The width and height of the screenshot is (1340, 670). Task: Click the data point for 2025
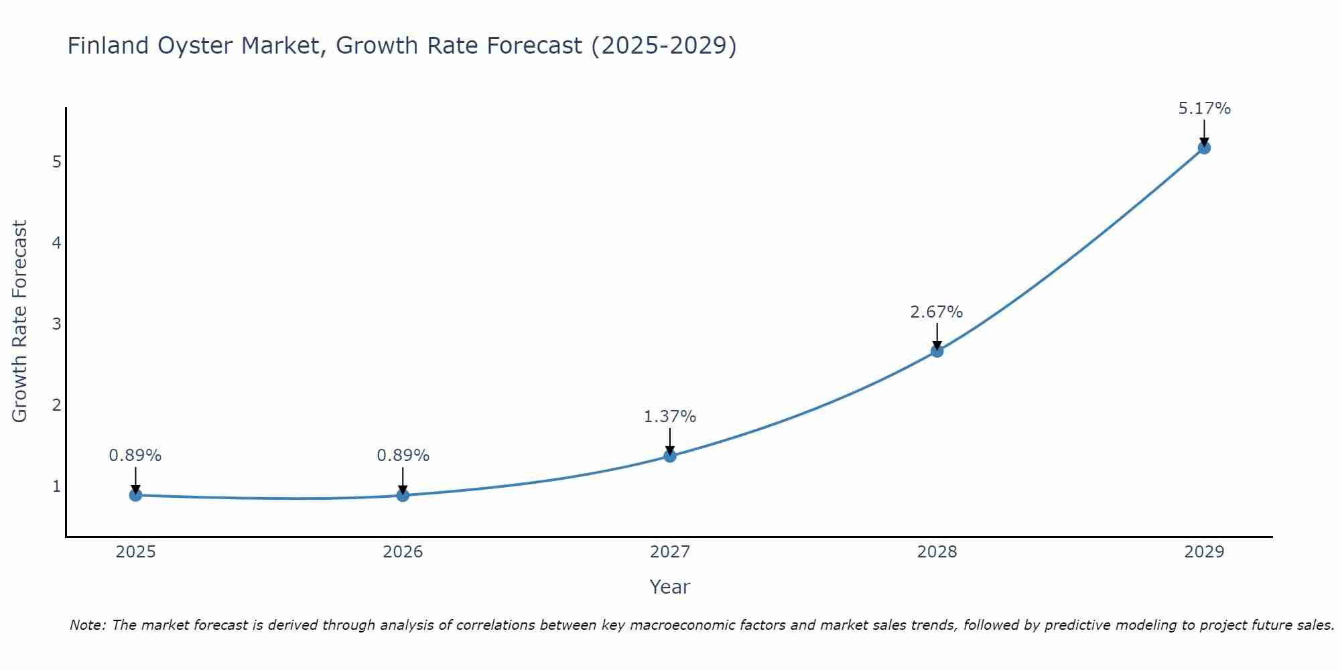point(135,495)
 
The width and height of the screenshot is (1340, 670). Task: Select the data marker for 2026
point(403,495)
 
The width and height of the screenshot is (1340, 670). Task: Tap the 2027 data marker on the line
point(670,456)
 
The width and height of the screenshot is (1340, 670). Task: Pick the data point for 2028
point(937,351)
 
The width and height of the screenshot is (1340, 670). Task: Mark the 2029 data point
point(1204,148)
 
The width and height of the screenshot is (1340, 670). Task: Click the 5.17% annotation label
point(1204,109)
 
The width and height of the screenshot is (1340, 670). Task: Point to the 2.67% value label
point(936,312)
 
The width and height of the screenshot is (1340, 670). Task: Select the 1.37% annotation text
point(669,417)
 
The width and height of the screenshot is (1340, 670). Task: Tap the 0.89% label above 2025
point(135,456)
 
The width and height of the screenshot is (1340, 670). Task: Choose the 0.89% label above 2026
point(403,456)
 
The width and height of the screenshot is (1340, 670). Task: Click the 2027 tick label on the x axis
point(670,552)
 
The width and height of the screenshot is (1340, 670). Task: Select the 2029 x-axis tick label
point(1204,552)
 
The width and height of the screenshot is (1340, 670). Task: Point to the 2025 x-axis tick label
point(135,552)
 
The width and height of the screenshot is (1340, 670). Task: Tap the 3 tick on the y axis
point(56,324)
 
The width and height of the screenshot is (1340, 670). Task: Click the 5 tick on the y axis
point(56,162)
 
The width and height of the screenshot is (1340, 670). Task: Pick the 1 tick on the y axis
point(56,486)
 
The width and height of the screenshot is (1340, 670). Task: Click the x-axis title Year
point(669,587)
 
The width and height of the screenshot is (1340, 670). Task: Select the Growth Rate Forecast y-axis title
point(20,322)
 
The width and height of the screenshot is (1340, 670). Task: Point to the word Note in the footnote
point(87,625)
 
